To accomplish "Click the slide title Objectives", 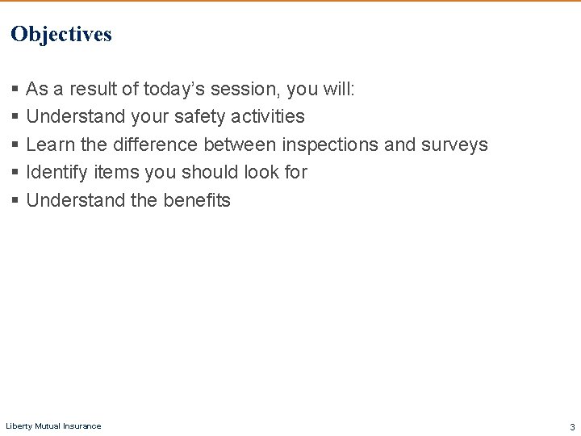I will pos(61,35).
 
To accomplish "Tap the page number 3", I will pos(572,426).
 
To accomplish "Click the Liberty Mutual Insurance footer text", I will pos(53,426).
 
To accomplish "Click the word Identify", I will pos(57,172).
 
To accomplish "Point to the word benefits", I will pos(196,200).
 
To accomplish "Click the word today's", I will pos(178,89).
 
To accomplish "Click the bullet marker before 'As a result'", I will pos(15,90).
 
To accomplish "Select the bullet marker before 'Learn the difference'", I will pos(15,145).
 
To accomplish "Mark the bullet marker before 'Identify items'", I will pos(15,173).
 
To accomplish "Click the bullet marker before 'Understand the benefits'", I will pos(15,201).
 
